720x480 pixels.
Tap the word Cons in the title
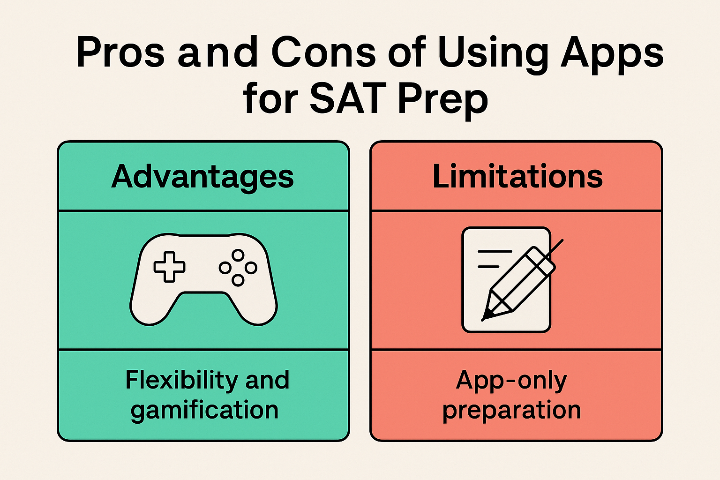tap(323, 52)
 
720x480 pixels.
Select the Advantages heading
tap(202, 177)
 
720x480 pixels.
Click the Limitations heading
tap(517, 177)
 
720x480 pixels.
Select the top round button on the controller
tap(238, 255)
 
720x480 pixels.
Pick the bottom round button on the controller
tap(238, 280)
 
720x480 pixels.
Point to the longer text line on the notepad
tap(495, 252)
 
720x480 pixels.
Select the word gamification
tap(204, 411)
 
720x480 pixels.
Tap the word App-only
tap(511, 380)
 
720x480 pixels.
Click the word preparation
tap(511, 411)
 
